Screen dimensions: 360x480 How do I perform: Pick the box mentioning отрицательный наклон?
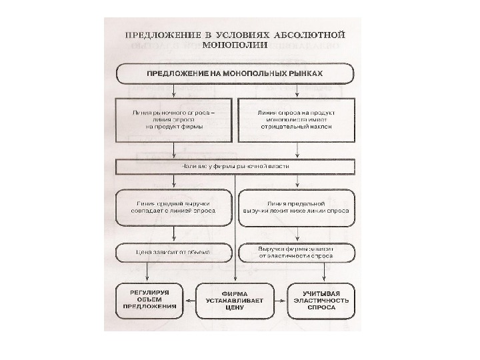pyautogui.click(x=295, y=120)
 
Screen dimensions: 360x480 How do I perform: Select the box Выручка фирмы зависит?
pyautogui.click(x=296, y=252)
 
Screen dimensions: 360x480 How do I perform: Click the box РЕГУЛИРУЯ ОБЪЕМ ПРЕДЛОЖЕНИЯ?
pyautogui.click(x=149, y=301)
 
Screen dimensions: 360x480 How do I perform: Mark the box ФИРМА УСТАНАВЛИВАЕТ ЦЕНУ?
pyautogui.click(x=236, y=301)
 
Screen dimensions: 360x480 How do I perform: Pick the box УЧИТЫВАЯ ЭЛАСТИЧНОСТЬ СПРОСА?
pyautogui.click(x=321, y=301)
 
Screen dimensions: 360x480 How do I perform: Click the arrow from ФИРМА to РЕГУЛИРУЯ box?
pyautogui.click(x=189, y=301)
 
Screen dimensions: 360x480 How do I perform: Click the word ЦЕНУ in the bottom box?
pyautogui.click(x=236, y=309)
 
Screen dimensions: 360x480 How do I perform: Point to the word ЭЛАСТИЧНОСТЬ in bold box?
pyautogui.click(x=321, y=301)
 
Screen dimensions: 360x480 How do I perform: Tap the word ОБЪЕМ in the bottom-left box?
pyautogui.click(x=149, y=300)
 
